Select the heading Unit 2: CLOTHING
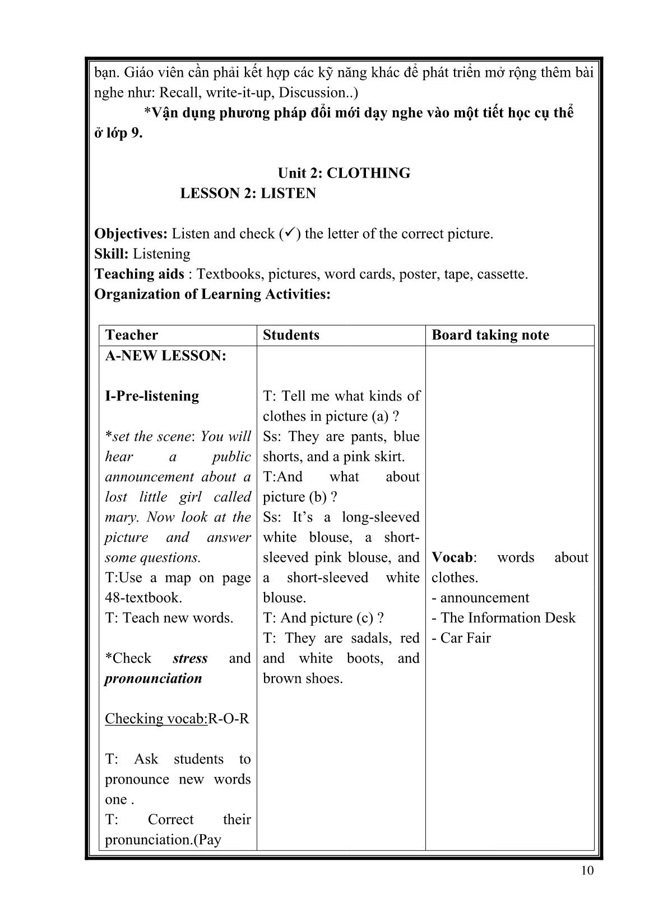point(344,173)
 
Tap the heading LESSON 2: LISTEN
point(248,193)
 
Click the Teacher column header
point(132,335)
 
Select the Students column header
point(291,335)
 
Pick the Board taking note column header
point(490,335)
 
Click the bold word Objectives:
point(131,234)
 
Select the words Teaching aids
point(139,274)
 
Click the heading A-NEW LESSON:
point(165,356)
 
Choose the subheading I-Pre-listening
point(152,396)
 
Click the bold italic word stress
point(190,658)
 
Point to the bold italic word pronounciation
point(153,678)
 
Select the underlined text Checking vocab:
point(156,719)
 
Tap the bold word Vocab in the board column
point(452,557)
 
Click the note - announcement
point(480,598)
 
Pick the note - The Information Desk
point(503,618)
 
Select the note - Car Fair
point(461,638)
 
